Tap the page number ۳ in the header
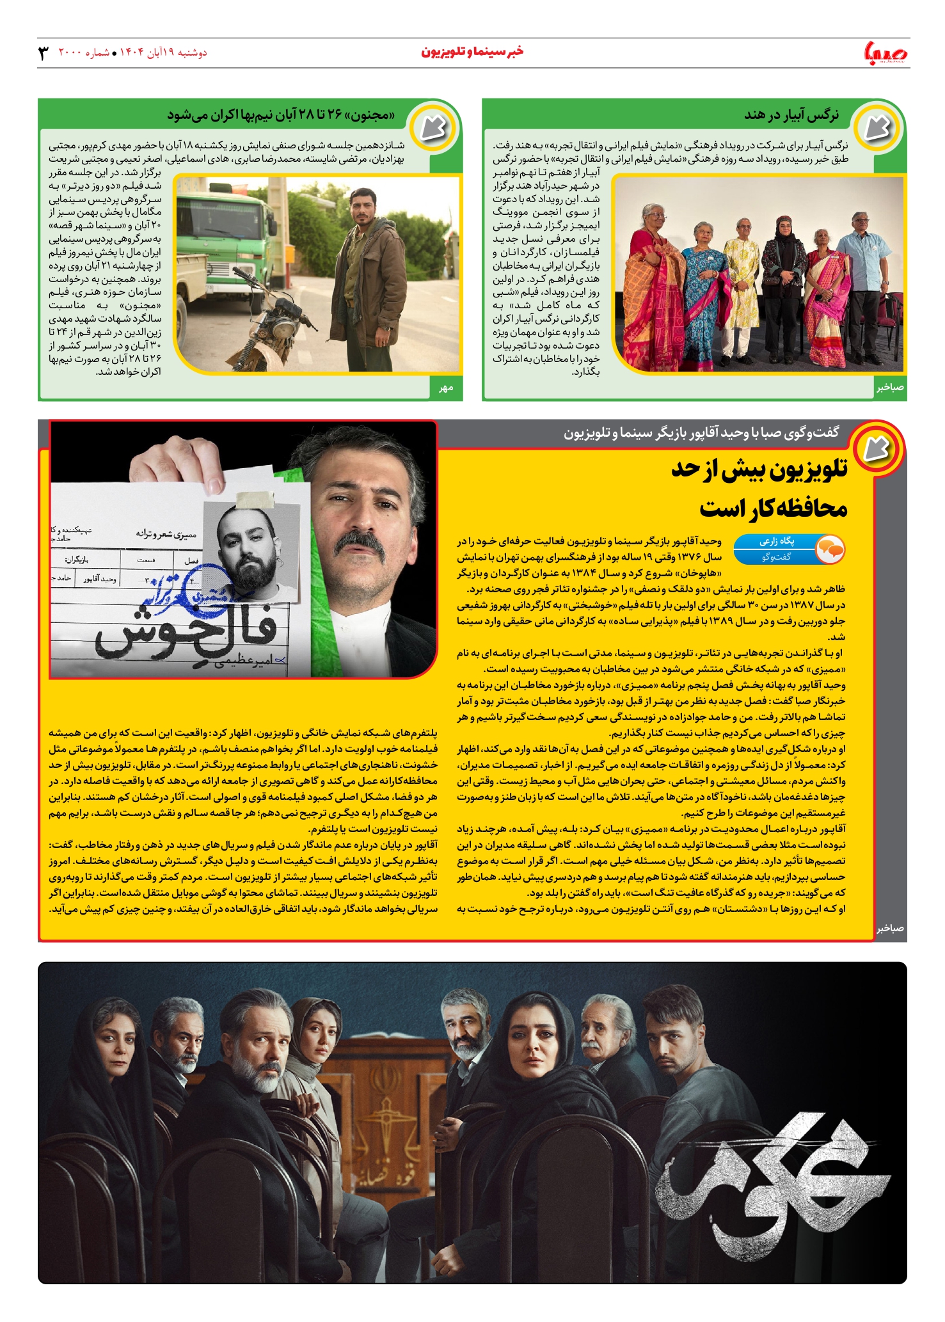44,53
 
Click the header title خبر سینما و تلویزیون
472,52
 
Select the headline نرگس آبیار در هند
791,115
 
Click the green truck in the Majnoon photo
221,237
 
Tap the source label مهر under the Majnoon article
446,388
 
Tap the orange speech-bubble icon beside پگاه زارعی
830,549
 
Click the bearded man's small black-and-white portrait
251,544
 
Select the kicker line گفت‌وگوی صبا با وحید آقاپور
701,434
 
